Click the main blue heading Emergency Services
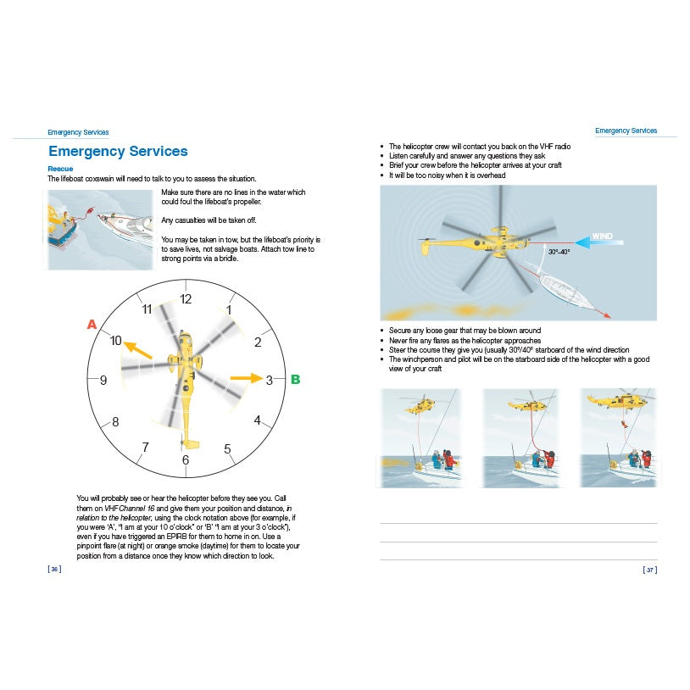pyautogui.click(x=118, y=152)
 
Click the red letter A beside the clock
pyautogui.click(x=92, y=324)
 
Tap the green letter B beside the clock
pyautogui.click(x=296, y=380)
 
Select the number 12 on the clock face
pyautogui.click(x=186, y=299)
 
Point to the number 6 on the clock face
pyautogui.click(x=186, y=460)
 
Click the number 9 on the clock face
pyautogui.click(x=103, y=381)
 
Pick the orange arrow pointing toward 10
pyautogui.click(x=137, y=349)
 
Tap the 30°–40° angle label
pyautogui.click(x=559, y=252)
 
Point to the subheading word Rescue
pyautogui.click(x=60, y=169)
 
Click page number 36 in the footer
pyautogui.click(x=54, y=569)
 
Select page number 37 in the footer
pyautogui.click(x=649, y=570)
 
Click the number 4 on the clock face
pyautogui.click(x=258, y=420)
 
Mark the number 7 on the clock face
pyautogui.click(x=145, y=447)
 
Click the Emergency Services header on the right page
pyautogui.click(x=626, y=131)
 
